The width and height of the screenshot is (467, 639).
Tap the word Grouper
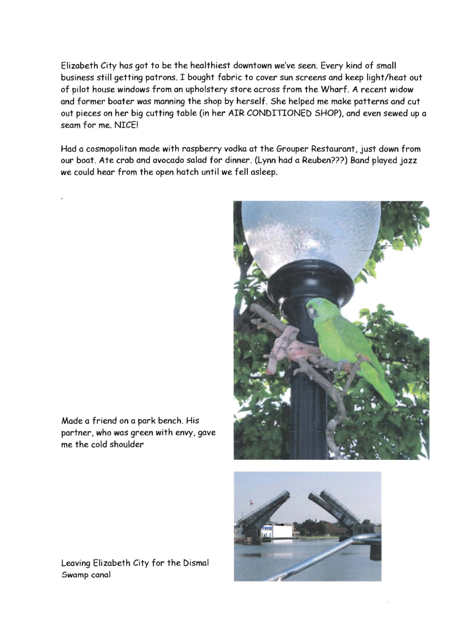[x=294, y=149]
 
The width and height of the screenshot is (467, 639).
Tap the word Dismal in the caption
[x=196, y=563]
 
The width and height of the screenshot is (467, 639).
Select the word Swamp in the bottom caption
[x=74, y=575]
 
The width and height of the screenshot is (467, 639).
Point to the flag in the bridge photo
[x=251, y=502]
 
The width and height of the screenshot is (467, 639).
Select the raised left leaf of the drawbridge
[x=264, y=509]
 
